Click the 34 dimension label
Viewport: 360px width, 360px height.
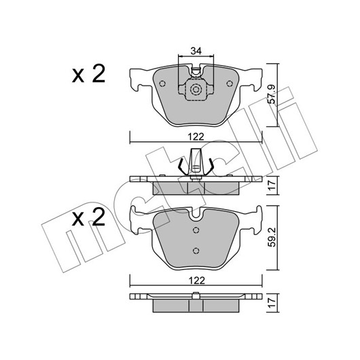196,51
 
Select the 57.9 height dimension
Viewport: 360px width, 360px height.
272,94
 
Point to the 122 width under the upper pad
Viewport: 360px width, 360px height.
196,137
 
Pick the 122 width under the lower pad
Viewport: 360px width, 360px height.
196,281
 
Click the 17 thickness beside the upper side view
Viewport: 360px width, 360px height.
272,185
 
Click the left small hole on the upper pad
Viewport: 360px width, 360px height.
162,84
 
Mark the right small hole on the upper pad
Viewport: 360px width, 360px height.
230,84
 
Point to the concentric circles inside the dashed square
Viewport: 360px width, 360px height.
196,89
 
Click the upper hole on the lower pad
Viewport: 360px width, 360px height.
196,230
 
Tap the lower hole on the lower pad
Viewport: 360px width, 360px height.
196,251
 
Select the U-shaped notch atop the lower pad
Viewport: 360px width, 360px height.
196,213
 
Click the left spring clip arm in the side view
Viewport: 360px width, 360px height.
183,166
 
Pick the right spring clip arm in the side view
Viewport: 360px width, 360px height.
209,166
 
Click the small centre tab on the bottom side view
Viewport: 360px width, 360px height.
196,295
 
